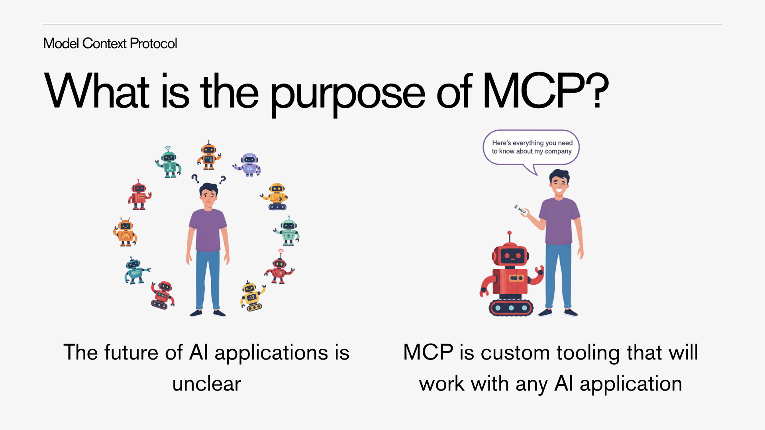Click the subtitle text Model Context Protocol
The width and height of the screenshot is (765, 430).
pos(110,43)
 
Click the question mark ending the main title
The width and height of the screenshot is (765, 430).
pos(596,92)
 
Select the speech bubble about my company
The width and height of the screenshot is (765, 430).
pos(532,147)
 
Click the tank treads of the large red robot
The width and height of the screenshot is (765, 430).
pos(511,308)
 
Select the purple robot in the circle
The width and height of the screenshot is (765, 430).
pos(248,164)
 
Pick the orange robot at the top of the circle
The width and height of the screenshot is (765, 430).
pos(209,155)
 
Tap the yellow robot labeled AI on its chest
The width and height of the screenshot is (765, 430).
pos(252,297)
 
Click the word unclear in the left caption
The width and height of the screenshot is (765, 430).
pos(206,384)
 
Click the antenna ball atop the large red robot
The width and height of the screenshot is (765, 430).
pos(509,233)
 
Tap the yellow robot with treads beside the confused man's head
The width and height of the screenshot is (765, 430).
pos(276,197)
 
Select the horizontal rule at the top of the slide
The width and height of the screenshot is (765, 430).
pos(382,24)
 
